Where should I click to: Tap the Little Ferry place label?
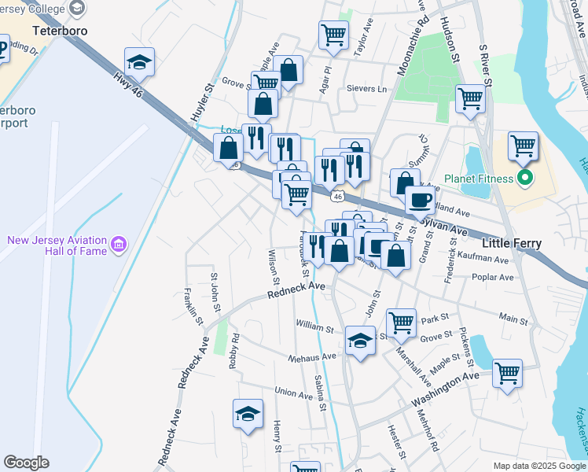pos(511,244)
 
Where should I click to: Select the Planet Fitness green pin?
pos(526,176)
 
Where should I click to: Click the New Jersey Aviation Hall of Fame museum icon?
pos(119,245)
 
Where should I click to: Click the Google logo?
pos(26,463)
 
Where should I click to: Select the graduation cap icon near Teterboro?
pos(140,62)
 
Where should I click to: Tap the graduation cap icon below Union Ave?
pos(248,415)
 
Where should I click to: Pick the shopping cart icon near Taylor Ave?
pos(333,35)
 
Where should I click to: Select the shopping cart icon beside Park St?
pos(401,322)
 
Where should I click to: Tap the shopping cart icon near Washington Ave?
pos(508,373)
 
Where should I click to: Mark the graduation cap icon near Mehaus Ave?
pos(360,341)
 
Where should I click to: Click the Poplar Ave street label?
pos(493,278)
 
